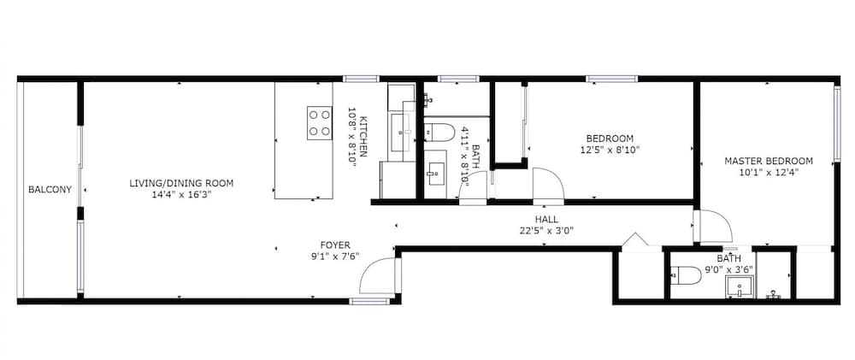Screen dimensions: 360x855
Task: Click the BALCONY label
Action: pyautogui.click(x=50, y=190)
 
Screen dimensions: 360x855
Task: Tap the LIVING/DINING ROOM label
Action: pyautogui.click(x=181, y=183)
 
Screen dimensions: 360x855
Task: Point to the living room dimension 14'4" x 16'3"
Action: pyautogui.click(x=182, y=195)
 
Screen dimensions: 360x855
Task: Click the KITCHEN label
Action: pyautogui.click(x=363, y=136)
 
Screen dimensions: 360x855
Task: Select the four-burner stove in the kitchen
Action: pyautogui.click(x=319, y=122)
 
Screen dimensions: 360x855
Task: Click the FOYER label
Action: pyautogui.click(x=334, y=245)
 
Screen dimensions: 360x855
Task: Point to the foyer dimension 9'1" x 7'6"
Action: pyautogui.click(x=334, y=256)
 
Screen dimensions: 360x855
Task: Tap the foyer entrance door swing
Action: pyautogui.click(x=378, y=277)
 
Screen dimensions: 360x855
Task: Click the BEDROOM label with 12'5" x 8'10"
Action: pyautogui.click(x=610, y=139)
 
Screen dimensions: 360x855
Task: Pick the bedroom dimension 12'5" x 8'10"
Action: pyautogui.click(x=610, y=150)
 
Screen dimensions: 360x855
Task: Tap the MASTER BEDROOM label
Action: pyautogui.click(x=769, y=161)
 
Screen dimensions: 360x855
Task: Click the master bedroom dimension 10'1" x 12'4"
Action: pyautogui.click(x=769, y=172)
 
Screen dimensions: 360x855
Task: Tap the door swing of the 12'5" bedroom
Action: pyautogui.click(x=545, y=183)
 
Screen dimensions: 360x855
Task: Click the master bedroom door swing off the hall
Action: pyautogui.click(x=714, y=226)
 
